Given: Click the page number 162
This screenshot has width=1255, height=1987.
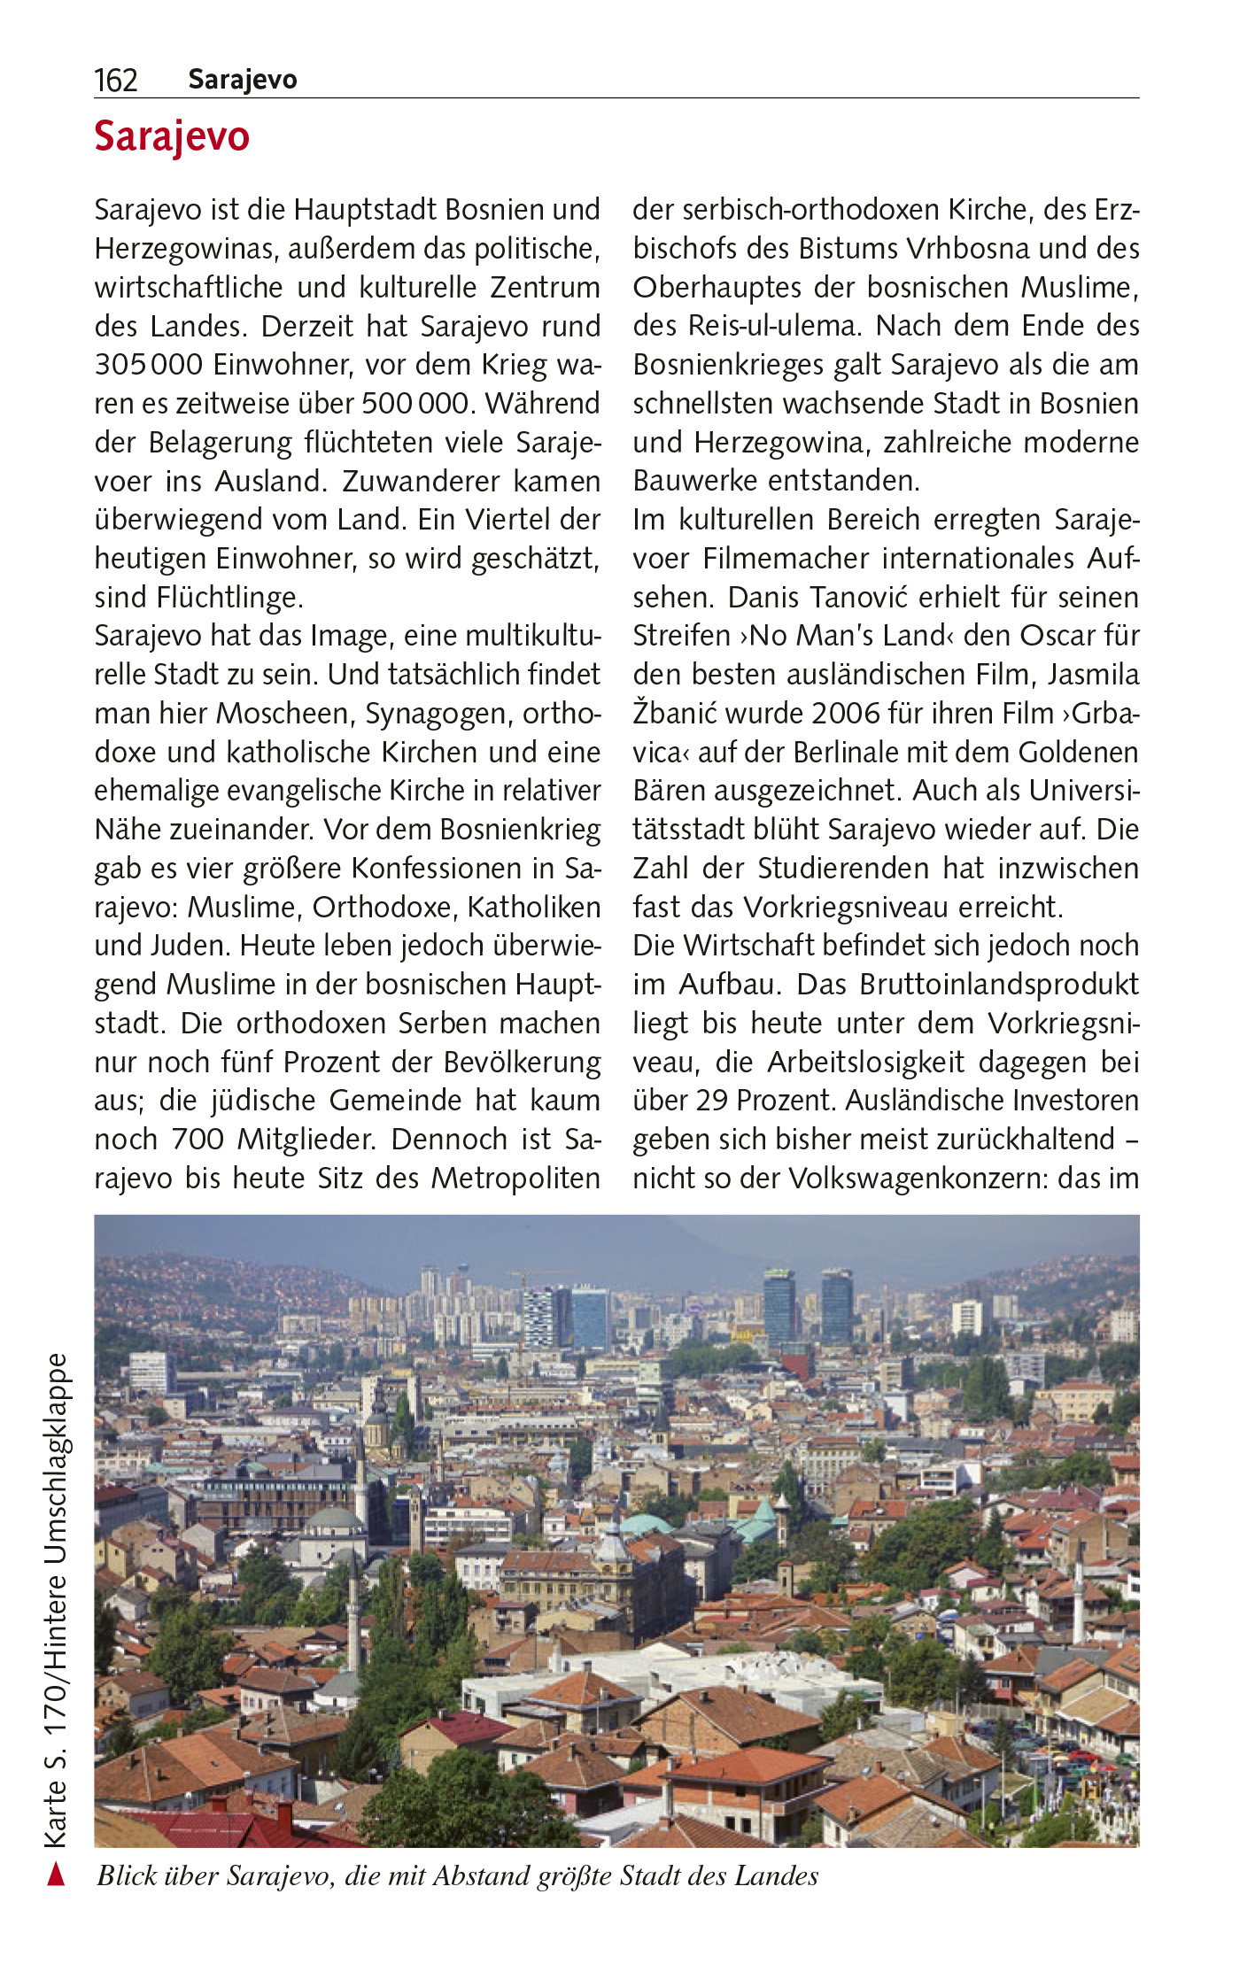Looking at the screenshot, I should coord(116,81).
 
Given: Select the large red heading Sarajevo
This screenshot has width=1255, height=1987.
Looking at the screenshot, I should coord(172,137).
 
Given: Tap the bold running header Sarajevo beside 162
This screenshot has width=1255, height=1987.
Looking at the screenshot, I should coord(243,80).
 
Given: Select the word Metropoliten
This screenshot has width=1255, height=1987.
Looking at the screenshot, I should coord(515,1179).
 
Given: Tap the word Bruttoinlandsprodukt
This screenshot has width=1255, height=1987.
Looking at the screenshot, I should coord(999,985).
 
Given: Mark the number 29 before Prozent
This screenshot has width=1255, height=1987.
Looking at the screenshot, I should coord(711,1101).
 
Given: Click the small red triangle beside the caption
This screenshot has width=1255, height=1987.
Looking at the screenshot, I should coord(56,1875).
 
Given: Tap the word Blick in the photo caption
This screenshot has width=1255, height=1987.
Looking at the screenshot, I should coord(128,1876).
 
